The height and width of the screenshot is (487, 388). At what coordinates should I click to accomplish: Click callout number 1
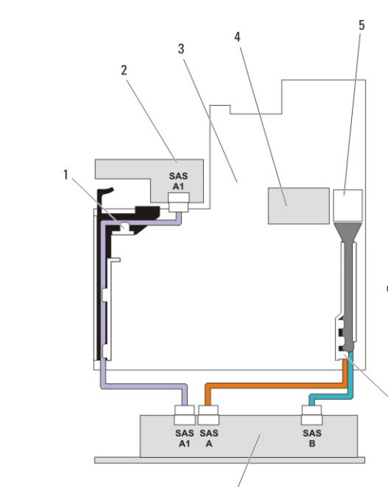tap(65, 175)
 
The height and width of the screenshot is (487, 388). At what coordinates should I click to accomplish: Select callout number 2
tap(124, 71)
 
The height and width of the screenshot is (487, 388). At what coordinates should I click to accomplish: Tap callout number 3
tap(181, 49)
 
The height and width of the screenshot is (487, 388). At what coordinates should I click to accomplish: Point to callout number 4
tap(238, 37)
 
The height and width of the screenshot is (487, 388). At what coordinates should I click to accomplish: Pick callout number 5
tap(362, 25)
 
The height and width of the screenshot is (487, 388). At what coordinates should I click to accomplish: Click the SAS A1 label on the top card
tap(179, 181)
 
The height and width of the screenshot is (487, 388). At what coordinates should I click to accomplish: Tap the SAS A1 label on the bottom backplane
tap(185, 438)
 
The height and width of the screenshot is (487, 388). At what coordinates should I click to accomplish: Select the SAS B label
tap(312, 438)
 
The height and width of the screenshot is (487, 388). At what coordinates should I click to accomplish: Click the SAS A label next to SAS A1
tap(209, 438)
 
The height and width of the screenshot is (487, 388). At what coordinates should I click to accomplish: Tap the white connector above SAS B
tap(312, 415)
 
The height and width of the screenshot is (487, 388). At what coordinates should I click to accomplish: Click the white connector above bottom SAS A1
tap(185, 415)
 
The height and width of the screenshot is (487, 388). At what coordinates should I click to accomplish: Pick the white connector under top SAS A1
tap(179, 202)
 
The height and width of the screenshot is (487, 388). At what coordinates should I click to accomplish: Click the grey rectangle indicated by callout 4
tap(299, 206)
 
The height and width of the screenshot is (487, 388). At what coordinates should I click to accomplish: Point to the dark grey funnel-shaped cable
tap(348, 279)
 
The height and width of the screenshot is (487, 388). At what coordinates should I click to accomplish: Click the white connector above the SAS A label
tap(209, 415)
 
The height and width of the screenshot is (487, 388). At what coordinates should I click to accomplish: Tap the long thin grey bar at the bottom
tap(229, 460)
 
